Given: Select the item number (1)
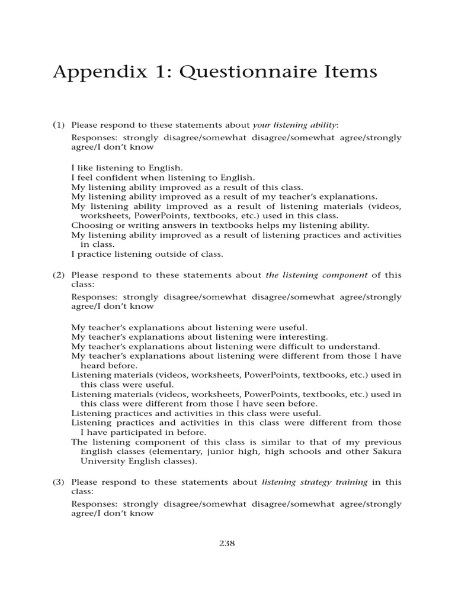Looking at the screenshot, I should pyautogui.click(x=58, y=125).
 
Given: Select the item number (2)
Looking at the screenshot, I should pyautogui.click(x=58, y=275).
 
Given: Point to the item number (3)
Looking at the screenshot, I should pyautogui.click(x=58, y=482).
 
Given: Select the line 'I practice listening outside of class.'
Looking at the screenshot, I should pyautogui.click(x=148, y=254).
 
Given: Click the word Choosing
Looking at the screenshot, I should pyautogui.click(x=90, y=225).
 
